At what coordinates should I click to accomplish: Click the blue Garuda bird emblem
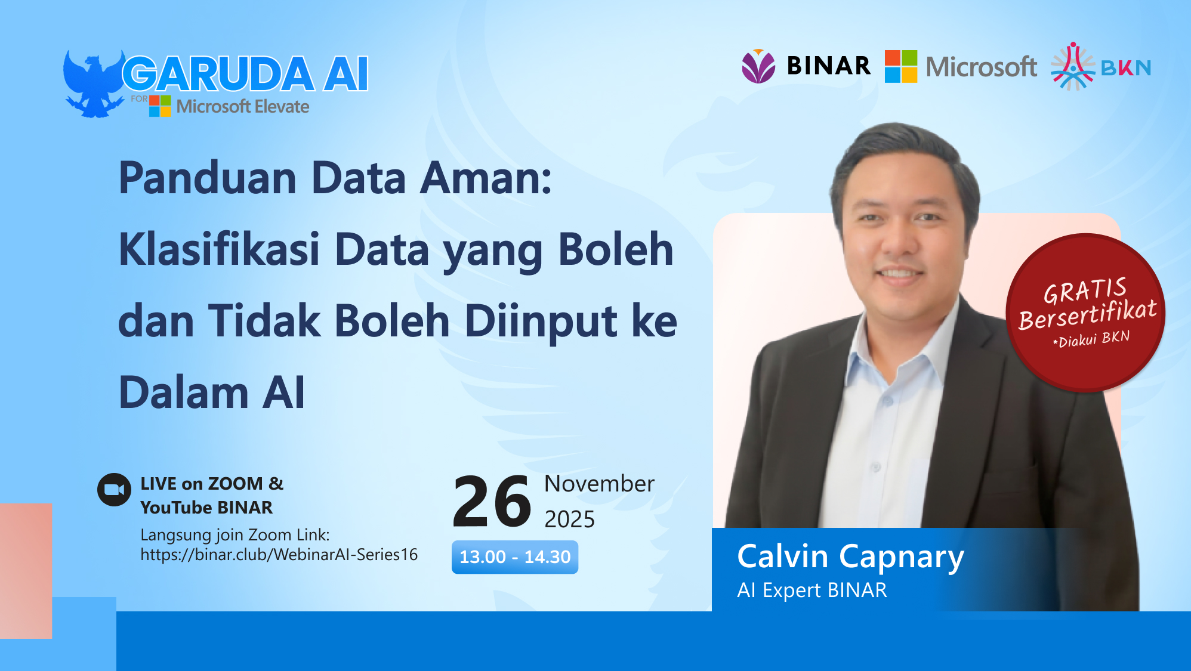point(93,84)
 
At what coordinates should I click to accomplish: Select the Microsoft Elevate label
point(242,107)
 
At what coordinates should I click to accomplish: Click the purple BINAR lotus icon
point(758,66)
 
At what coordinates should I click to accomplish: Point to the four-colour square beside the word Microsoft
point(900,66)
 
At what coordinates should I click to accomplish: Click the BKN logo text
point(1125,68)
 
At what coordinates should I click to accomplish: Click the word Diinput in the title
point(540,321)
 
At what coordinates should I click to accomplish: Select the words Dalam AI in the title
point(212,392)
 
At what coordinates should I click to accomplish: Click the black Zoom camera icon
point(114,490)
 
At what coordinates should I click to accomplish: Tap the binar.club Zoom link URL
point(279,555)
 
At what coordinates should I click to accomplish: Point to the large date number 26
point(492,502)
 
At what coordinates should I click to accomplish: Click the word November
point(599,484)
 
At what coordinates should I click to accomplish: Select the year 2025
point(569,520)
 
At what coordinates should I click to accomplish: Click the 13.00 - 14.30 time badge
point(515,557)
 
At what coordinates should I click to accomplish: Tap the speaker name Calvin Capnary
point(850,556)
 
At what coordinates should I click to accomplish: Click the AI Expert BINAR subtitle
point(812,590)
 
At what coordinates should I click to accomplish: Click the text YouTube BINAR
point(206,508)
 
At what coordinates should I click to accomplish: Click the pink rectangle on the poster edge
point(26,570)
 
